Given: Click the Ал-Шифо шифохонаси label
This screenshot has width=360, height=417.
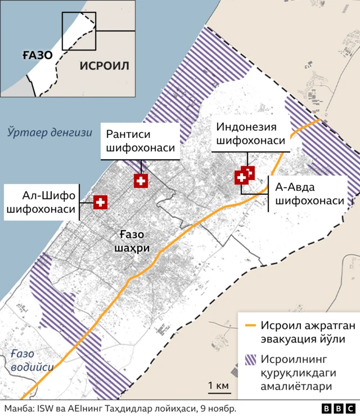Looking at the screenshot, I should pyautogui.click(x=41, y=203).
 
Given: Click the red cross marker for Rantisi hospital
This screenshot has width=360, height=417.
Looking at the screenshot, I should pyautogui.click(x=141, y=181).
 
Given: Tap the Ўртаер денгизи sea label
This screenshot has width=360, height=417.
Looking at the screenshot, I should pyautogui.click(x=49, y=133).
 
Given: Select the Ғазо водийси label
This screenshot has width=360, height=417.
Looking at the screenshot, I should pyautogui.click(x=27, y=360).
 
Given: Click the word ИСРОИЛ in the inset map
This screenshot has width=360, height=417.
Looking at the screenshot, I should pyautogui.click(x=104, y=66).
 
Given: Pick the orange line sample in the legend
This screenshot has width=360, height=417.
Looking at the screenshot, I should pyautogui.click(x=251, y=326).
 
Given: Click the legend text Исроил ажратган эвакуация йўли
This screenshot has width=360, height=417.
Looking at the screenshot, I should pyautogui.click(x=301, y=333).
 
